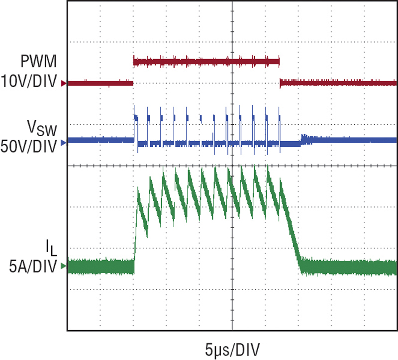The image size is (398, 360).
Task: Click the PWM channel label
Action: (39, 62)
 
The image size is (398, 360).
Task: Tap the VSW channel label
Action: (42, 130)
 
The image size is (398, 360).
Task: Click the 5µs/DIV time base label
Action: (232, 346)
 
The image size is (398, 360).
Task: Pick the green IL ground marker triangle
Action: (63, 267)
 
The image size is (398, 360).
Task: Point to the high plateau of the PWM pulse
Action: (206, 62)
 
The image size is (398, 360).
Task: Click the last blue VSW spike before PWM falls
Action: (280, 119)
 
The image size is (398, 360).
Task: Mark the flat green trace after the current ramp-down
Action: (348, 267)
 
